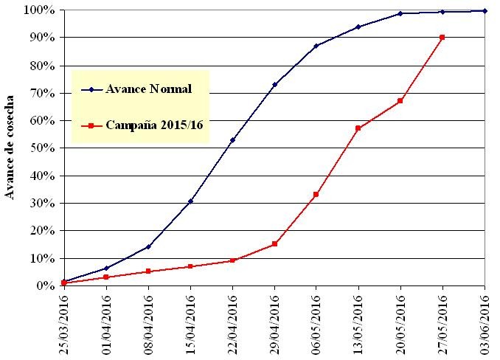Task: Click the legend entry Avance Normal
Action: (x=148, y=90)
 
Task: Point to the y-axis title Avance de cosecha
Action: (x=11, y=148)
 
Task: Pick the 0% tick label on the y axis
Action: (x=42, y=285)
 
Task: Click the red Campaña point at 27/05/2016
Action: (x=442, y=37)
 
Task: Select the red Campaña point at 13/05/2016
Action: (x=358, y=128)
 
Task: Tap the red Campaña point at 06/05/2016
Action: (x=316, y=194)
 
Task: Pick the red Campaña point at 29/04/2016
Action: (x=274, y=244)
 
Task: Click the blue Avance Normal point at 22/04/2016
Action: (x=232, y=139)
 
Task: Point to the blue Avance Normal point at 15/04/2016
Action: (x=190, y=201)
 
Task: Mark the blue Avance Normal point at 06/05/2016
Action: (x=316, y=46)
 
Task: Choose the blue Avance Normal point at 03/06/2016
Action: (x=485, y=10)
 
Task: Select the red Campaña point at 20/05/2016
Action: (x=400, y=101)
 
